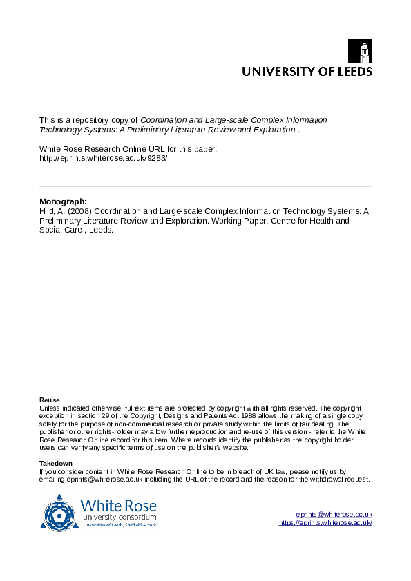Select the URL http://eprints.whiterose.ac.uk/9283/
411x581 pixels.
point(104,158)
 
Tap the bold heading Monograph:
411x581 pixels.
point(63,202)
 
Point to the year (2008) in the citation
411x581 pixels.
point(74,212)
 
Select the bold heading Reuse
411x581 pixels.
point(50,400)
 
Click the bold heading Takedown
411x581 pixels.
point(56,463)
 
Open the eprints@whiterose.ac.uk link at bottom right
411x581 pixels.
point(334,515)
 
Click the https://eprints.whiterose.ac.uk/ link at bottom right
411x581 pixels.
point(326,523)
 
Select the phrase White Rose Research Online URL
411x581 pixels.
point(98,149)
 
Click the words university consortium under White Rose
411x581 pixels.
point(119,517)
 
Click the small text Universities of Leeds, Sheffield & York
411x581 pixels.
point(119,525)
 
